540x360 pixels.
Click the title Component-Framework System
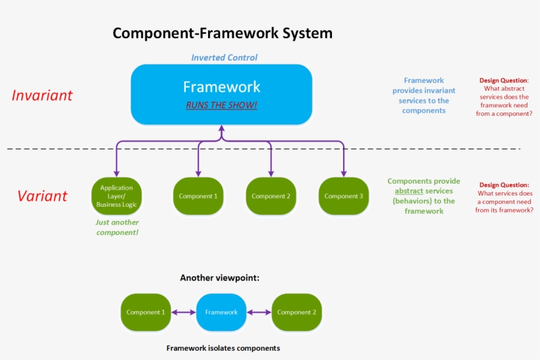tap(222, 33)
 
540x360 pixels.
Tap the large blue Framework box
tap(221, 94)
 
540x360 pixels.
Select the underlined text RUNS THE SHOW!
tap(221, 105)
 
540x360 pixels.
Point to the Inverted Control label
tap(224, 57)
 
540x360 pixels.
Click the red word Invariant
tap(42, 95)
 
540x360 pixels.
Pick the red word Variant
tap(42, 196)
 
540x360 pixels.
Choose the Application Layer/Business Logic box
tap(116, 196)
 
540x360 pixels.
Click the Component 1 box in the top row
tap(198, 196)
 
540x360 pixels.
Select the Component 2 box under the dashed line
tap(271, 196)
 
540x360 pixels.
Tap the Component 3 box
tap(343, 196)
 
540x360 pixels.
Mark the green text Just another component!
tap(117, 228)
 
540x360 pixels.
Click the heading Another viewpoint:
tap(220, 278)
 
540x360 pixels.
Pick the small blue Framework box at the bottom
tap(221, 312)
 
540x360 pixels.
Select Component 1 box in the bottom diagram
tap(146, 312)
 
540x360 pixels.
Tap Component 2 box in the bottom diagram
tap(296, 312)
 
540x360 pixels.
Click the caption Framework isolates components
tap(223, 347)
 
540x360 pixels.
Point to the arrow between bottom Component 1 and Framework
tap(184, 312)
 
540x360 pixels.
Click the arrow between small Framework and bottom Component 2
tap(259, 312)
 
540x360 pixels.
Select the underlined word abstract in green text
tap(408, 191)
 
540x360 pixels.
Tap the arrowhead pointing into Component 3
tap(343, 174)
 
